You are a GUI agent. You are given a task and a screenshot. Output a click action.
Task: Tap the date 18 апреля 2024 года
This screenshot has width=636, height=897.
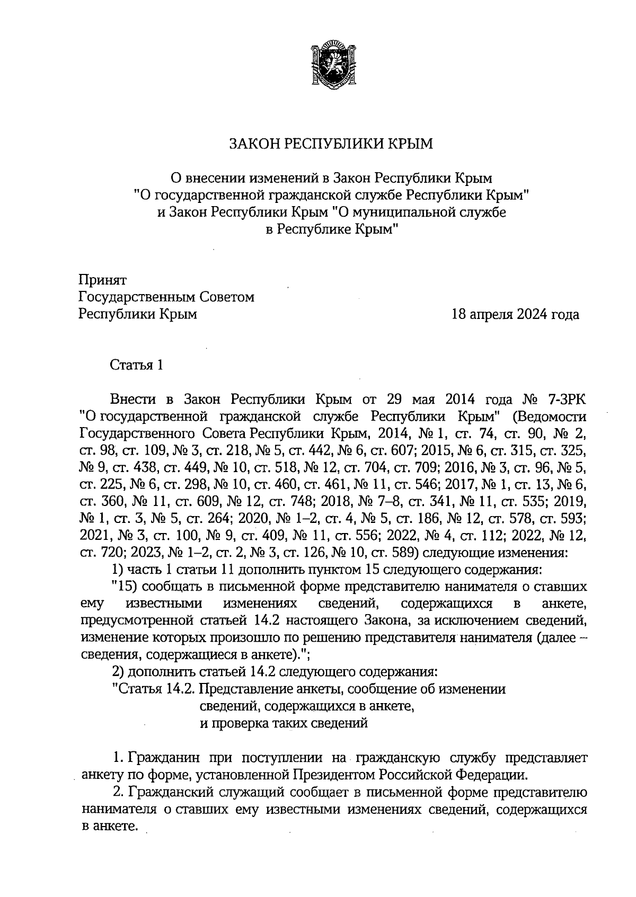[515, 314]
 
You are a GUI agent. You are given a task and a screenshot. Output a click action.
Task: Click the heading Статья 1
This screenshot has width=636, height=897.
[136, 365]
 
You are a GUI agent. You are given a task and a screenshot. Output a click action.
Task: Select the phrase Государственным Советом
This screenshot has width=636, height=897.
[166, 297]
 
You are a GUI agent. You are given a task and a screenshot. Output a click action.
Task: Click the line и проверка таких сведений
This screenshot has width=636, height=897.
[284, 723]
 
